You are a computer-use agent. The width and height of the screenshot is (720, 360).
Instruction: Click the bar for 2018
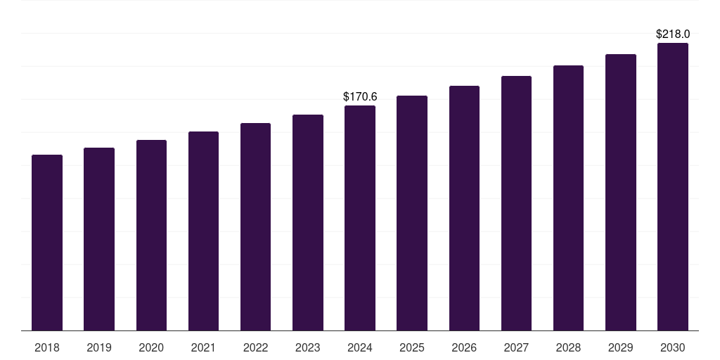[x=47, y=243]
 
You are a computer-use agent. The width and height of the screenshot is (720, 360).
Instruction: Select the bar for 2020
[x=151, y=236]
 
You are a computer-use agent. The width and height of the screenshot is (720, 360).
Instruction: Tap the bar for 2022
[x=255, y=227]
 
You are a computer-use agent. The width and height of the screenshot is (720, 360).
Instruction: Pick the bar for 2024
[x=360, y=218]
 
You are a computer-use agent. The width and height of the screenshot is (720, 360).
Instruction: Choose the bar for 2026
[x=464, y=208]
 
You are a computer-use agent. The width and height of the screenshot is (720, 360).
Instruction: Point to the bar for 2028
[x=568, y=198]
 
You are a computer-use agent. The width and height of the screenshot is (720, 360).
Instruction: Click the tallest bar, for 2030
[x=673, y=187]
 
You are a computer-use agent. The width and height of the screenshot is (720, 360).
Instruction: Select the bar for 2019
[x=99, y=239]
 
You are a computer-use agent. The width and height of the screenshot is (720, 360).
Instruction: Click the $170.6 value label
[x=360, y=96]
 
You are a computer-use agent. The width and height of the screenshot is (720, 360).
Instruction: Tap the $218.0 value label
[x=673, y=34]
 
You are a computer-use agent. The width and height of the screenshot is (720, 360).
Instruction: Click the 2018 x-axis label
[x=47, y=347]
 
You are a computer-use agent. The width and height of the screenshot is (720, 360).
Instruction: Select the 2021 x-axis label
[x=203, y=347]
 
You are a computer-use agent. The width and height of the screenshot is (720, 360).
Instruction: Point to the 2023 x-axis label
[x=308, y=347]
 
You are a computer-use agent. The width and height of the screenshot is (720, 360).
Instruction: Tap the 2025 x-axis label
[x=412, y=347]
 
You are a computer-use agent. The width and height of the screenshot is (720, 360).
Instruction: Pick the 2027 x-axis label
[x=516, y=347]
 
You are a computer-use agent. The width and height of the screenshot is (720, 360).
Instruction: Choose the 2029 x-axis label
[x=621, y=347]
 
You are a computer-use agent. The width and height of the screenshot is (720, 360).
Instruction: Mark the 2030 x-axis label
[x=673, y=347]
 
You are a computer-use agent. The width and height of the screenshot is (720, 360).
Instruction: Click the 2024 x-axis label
[x=360, y=347]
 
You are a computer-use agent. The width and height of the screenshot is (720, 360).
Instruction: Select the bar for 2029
[x=621, y=193]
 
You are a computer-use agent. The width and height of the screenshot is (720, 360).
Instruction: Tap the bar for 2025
[x=412, y=213]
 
